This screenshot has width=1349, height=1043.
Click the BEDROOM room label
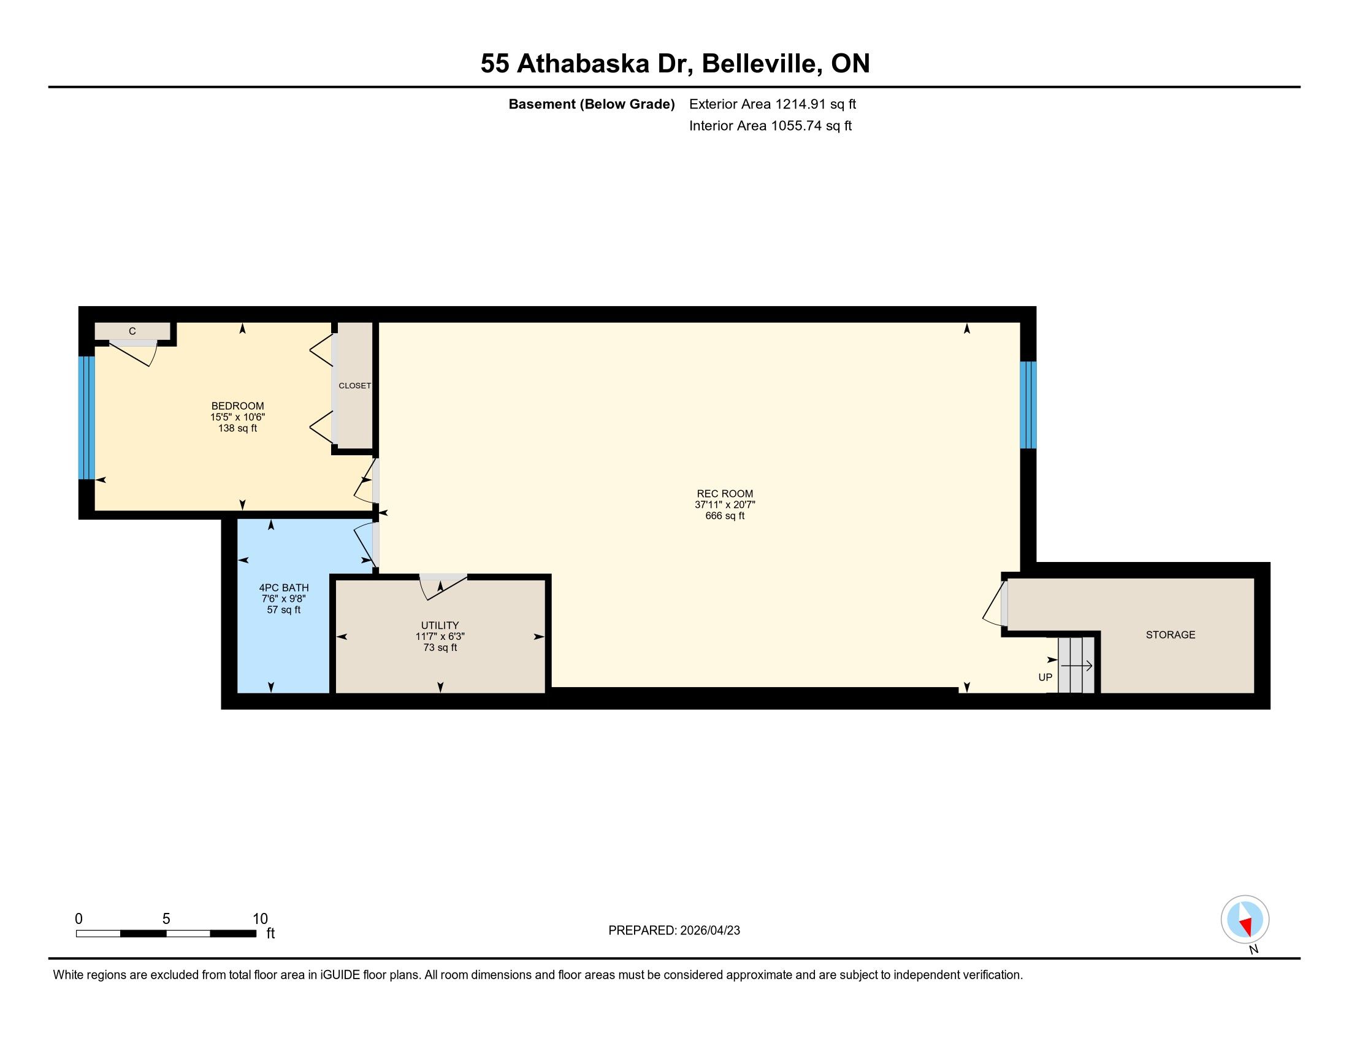pos(238,406)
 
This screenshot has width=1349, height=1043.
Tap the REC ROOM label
pos(725,494)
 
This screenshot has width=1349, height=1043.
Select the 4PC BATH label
pos(283,588)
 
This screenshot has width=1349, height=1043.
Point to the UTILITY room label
pos(440,625)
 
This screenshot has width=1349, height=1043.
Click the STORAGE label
pos(1171,634)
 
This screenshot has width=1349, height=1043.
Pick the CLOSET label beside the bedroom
pos(354,385)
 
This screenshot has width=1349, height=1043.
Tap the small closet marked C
pos(132,331)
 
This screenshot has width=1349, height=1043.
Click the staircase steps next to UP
pos(1076,665)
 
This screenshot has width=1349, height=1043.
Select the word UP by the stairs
pos(1045,677)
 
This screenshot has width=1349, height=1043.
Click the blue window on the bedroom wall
pos(86,418)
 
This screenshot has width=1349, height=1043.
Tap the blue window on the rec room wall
pos(1028,405)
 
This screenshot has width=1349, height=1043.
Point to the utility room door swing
pos(443,587)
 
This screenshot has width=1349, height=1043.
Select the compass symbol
pos(1245,920)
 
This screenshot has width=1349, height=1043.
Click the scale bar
pos(166,933)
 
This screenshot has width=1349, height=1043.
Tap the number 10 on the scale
pos(260,919)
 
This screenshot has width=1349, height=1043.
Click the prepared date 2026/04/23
pos(709,931)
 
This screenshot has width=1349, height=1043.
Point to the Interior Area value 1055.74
pos(796,125)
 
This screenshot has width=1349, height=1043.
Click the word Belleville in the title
pos(762,64)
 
